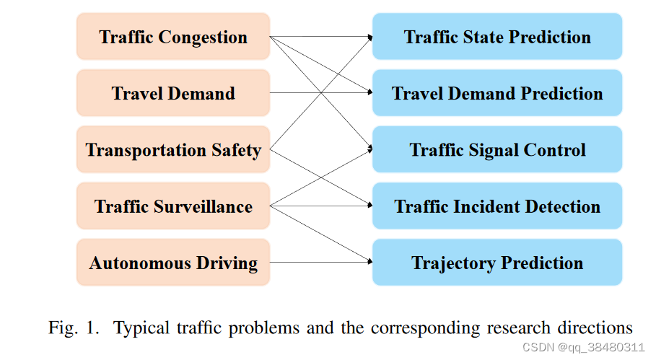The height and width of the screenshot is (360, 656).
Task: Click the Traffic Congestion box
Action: coord(173,37)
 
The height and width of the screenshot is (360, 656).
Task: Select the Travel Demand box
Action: coord(173,93)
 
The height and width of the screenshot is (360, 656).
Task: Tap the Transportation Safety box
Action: coord(173,150)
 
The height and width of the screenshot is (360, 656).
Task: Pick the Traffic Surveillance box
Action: coord(173,206)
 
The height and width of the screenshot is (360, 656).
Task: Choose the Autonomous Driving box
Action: coord(173,263)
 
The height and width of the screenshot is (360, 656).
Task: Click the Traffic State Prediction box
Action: coord(497,37)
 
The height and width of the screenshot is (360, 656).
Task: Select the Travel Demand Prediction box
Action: coord(497,93)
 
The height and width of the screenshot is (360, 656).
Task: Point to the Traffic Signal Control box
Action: coord(497,150)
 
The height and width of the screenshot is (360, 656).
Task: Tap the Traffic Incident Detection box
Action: coord(497,206)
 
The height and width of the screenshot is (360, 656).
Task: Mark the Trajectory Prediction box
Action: coord(497,263)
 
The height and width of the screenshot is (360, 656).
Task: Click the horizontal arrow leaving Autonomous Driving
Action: coord(320,263)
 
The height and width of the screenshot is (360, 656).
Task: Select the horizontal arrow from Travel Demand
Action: coord(320,93)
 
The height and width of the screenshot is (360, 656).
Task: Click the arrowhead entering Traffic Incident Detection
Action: coord(368,206)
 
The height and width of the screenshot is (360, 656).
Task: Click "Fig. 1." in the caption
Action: coord(74,328)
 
